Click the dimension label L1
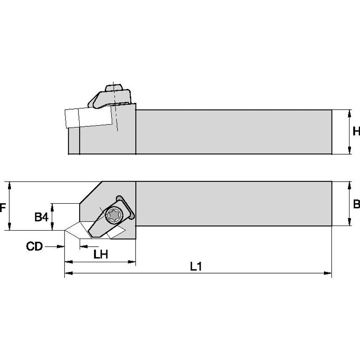(195, 267)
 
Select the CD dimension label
(35, 246)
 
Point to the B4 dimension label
(41, 217)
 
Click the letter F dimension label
(3, 207)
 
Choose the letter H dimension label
(356, 132)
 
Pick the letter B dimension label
(356, 205)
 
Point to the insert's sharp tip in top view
(65, 231)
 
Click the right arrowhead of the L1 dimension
(329, 274)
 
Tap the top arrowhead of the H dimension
(350, 112)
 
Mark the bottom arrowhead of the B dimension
(350, 223)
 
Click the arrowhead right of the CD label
(61, 246)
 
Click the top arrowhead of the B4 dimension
(52, 206)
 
